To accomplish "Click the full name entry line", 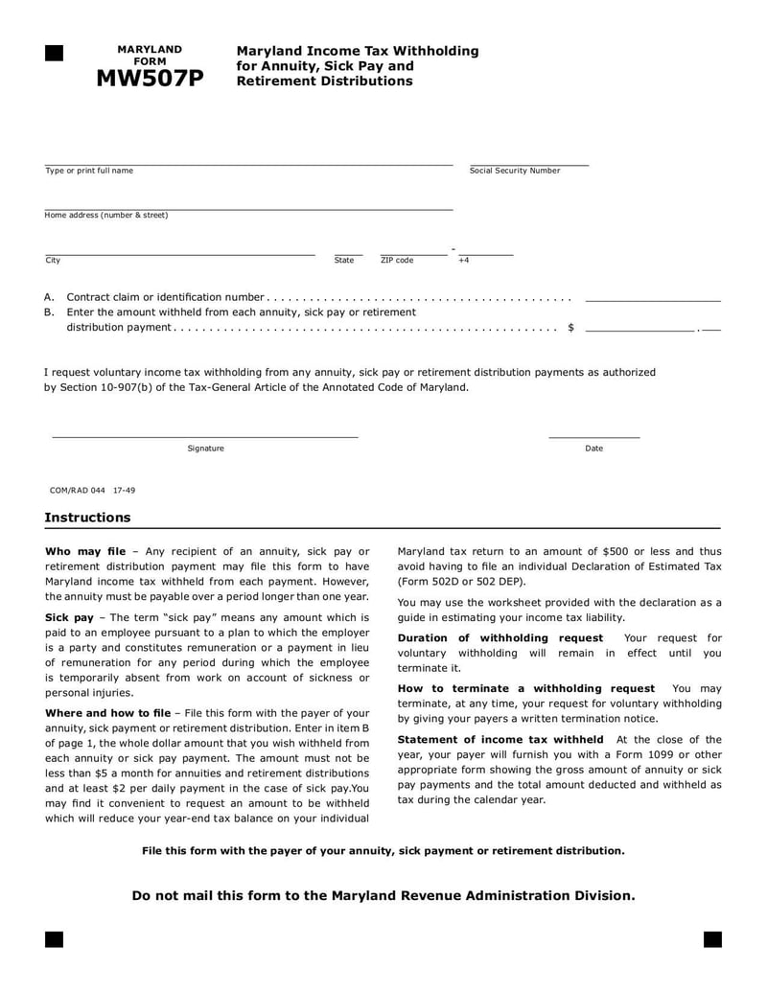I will coord(248,163).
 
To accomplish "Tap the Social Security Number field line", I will coord(528,163).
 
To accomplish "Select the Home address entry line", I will coord(248,207).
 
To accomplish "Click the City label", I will coord(53,261).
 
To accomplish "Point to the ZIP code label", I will coord(397,261).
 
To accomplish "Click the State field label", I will coord(344,261).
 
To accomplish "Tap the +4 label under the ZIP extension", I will coord(464,261).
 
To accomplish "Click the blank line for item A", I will coord(652,300).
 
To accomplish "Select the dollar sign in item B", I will coord(570,328).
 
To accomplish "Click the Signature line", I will coord(204,436).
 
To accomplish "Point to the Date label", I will coord(594,449).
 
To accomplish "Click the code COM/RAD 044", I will coord(78,490).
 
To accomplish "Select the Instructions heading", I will coord(87,518).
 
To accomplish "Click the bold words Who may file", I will coord(85,552).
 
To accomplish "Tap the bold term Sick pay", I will coord(69,618).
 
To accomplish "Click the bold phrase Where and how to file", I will coord(107,713).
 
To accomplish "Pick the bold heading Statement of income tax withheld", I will coord(500,740).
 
